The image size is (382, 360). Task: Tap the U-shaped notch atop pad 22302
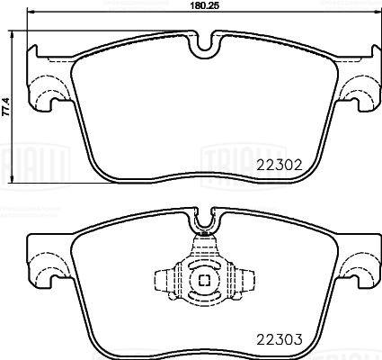pyautogui.click(x=202, y=42)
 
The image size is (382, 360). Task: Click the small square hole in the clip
pyautogui.click(x=203, y=281)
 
